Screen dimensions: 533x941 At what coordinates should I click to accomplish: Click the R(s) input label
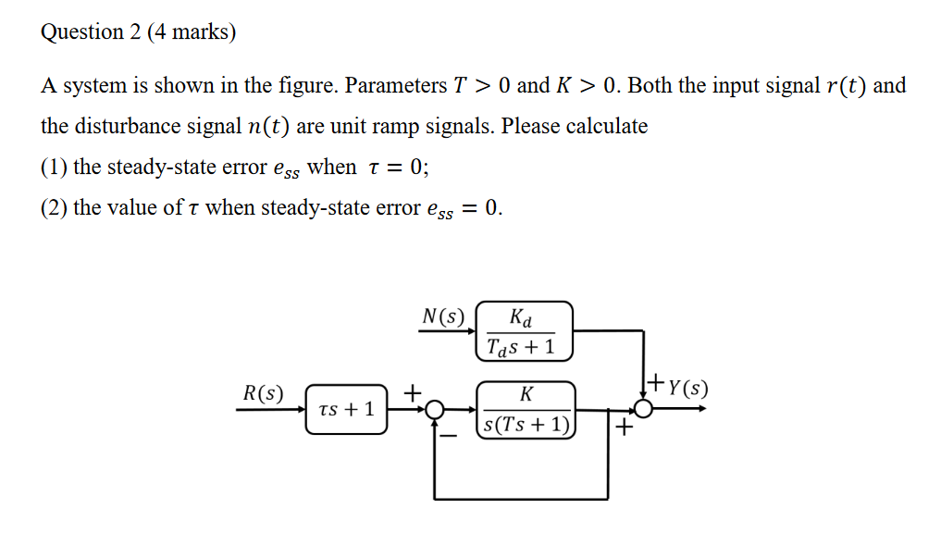(x=264, y=392)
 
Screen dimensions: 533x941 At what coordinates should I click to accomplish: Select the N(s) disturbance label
(x=443, y=316)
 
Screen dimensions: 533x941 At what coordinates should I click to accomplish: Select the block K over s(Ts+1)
(x=526, y=409)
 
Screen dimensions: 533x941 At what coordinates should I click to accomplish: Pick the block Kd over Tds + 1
(x=525, y=331)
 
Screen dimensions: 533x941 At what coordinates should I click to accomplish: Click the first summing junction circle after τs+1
(x=435, y=409)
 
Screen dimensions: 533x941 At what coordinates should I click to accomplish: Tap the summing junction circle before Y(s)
(x=642, y=409)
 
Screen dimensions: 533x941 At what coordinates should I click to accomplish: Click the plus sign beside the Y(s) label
(x=655, y=379)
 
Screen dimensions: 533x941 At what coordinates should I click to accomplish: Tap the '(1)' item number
(x=54, y=167)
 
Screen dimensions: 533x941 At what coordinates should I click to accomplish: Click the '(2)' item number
(x=54, y=208)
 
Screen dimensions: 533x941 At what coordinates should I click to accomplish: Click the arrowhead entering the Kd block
(x=472, y=332)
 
